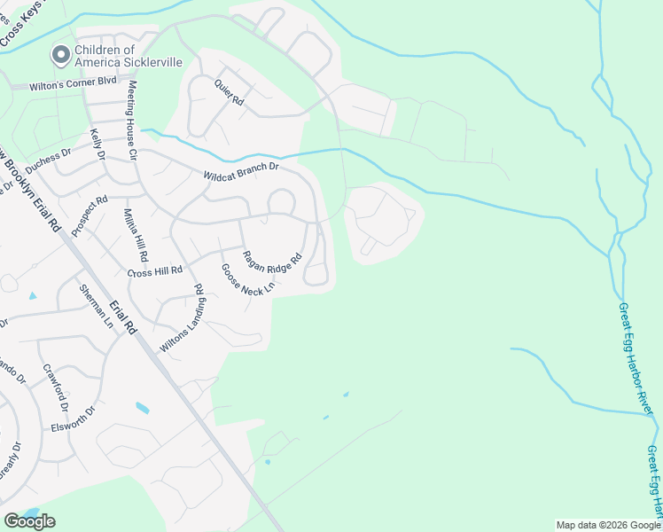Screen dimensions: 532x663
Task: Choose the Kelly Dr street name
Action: click(97, 145)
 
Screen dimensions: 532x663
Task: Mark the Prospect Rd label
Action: click(90, 215)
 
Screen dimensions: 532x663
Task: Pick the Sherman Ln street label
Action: click(96, 307)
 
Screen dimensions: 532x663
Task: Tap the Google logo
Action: click(29, 521)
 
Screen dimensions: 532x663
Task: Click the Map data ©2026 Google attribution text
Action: click(608, 525)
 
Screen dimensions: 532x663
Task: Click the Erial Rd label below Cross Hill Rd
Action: click(122, 317)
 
